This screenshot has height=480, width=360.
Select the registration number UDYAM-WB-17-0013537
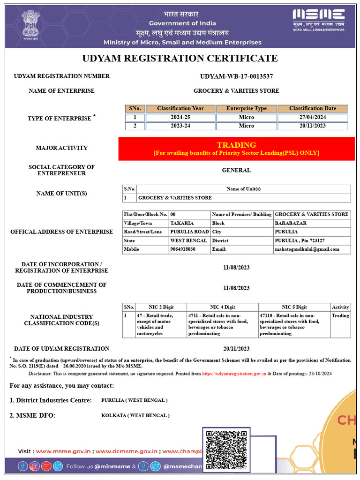point(236,76)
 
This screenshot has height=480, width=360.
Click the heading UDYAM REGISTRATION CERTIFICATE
point(180,58)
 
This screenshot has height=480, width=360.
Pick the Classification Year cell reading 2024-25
point(180,117)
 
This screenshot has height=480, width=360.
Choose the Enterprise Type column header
point(246,108)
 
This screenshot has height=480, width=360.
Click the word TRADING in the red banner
point(236,145)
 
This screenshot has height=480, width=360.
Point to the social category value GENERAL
point(236,170)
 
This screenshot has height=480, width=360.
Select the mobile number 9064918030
point(183,249)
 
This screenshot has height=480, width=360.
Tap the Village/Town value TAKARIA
point(182,223)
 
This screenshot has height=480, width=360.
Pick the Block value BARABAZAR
point(291,223)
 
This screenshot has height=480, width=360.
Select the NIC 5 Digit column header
point(294,307)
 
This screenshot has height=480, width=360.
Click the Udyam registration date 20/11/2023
point(236,348)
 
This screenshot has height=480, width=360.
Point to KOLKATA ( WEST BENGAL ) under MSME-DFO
point(135,415)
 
